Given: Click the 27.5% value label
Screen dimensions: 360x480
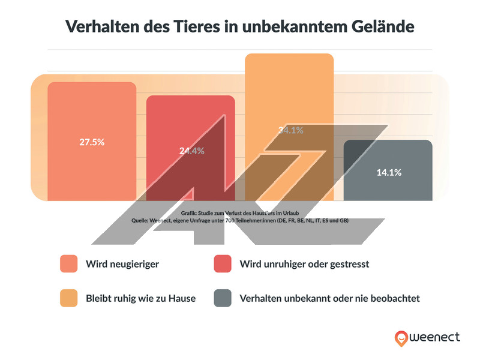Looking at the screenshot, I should (x=92, y=142).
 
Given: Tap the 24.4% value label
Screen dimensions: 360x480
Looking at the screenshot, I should (x=191, y=151).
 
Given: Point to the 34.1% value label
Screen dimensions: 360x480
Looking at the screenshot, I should (x=290, y=130).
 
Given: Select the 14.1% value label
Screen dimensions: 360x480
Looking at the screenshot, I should (x=389, y=172).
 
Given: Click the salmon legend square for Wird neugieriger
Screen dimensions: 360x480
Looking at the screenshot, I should (x=69, y=264).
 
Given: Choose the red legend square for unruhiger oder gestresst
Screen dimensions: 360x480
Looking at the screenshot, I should (x=223, y=264).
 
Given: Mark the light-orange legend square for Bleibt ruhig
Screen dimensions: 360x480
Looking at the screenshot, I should (x=69, y=298).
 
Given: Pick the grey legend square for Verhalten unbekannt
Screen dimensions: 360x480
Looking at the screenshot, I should (x=223, y=298).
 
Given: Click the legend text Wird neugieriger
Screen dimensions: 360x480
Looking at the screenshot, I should (x=122, y=264).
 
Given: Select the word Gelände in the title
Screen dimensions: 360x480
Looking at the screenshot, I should (x=377, y=27).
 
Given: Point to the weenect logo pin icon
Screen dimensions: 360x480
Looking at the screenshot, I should (x=401, y=338).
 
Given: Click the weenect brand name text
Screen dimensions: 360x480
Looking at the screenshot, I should (x=435, y=338).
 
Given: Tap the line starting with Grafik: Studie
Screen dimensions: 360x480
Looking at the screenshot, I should (x=239, y=214).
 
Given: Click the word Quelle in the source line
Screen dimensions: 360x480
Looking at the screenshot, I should (x=142, y=221).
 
